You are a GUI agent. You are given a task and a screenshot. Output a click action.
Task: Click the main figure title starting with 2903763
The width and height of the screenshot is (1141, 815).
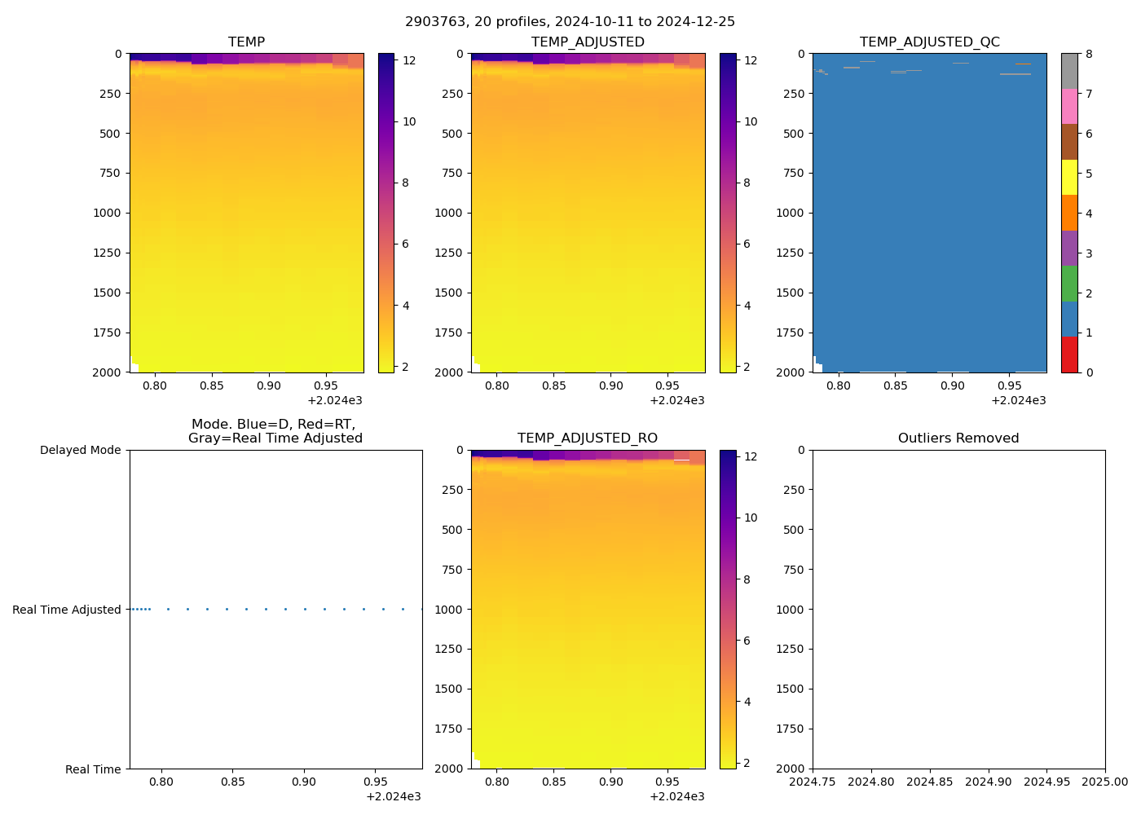point(570,22)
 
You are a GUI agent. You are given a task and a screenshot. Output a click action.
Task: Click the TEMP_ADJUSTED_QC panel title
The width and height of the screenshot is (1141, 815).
point(929,42)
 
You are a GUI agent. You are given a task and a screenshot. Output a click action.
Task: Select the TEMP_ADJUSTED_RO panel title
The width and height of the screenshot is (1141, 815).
point(587,438)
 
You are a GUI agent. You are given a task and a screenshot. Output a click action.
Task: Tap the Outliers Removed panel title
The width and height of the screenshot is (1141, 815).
point(958,438)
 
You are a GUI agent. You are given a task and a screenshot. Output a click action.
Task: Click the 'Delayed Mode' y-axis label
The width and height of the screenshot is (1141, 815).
point(80,451)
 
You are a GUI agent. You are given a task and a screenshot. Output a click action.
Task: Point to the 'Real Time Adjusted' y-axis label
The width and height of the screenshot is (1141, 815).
point(66,610)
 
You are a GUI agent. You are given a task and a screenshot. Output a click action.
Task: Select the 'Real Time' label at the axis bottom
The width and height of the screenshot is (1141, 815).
point(93,769)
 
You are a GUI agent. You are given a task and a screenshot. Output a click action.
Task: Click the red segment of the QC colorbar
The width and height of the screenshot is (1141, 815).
point(1069,355)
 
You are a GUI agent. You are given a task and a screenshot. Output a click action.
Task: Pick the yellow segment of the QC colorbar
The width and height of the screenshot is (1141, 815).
point(1069,178)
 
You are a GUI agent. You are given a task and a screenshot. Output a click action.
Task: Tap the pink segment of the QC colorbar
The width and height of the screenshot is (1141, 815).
point(1069,107)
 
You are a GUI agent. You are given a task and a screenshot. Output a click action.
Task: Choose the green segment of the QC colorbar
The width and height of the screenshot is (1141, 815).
point(1069,284)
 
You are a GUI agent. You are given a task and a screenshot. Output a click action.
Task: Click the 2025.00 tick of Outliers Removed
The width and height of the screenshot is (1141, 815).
point(1105,782)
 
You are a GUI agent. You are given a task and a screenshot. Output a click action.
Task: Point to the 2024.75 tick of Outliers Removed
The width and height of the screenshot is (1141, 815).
point(813,782)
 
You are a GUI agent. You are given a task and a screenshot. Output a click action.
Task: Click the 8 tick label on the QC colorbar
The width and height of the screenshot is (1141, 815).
point(1089,55)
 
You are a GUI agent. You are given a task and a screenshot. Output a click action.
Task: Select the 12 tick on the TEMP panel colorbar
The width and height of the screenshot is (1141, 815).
point(409,60)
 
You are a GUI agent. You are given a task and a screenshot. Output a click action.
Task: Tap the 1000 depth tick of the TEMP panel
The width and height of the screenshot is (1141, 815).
point(106,214)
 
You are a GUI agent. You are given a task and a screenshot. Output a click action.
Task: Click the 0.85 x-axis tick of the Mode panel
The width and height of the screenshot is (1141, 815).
point(232,782)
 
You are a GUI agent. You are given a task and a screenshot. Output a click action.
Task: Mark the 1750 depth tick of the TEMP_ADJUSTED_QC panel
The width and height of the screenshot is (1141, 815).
point(790,333)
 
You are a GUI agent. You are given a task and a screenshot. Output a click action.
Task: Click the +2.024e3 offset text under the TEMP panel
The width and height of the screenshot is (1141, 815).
point(335,401)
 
